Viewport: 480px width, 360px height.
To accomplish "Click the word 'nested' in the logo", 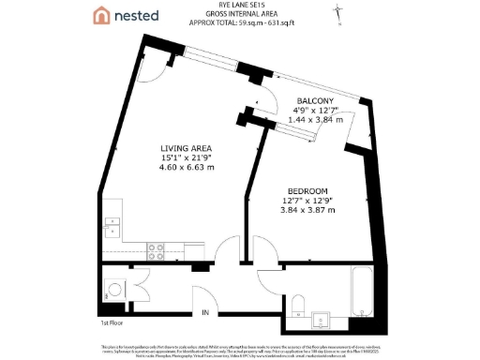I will [137, 16].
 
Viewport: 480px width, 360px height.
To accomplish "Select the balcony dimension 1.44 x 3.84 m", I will [315, 120].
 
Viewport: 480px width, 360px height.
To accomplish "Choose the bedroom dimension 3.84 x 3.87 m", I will [307, 212].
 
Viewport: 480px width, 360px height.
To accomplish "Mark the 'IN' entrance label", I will [204, 312].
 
